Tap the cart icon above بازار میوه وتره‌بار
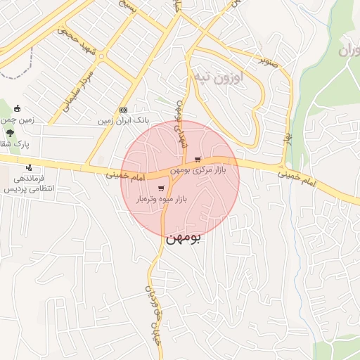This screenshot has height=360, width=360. [162, 188]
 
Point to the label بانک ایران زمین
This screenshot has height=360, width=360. [124, 121]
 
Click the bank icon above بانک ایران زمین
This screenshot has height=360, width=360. [124, 110]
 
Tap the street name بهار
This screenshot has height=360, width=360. [287, 129]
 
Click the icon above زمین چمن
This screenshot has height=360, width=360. [17, 109]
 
